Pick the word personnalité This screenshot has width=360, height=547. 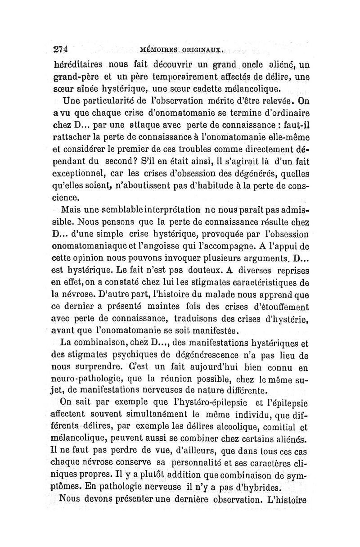click(203, 462)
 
